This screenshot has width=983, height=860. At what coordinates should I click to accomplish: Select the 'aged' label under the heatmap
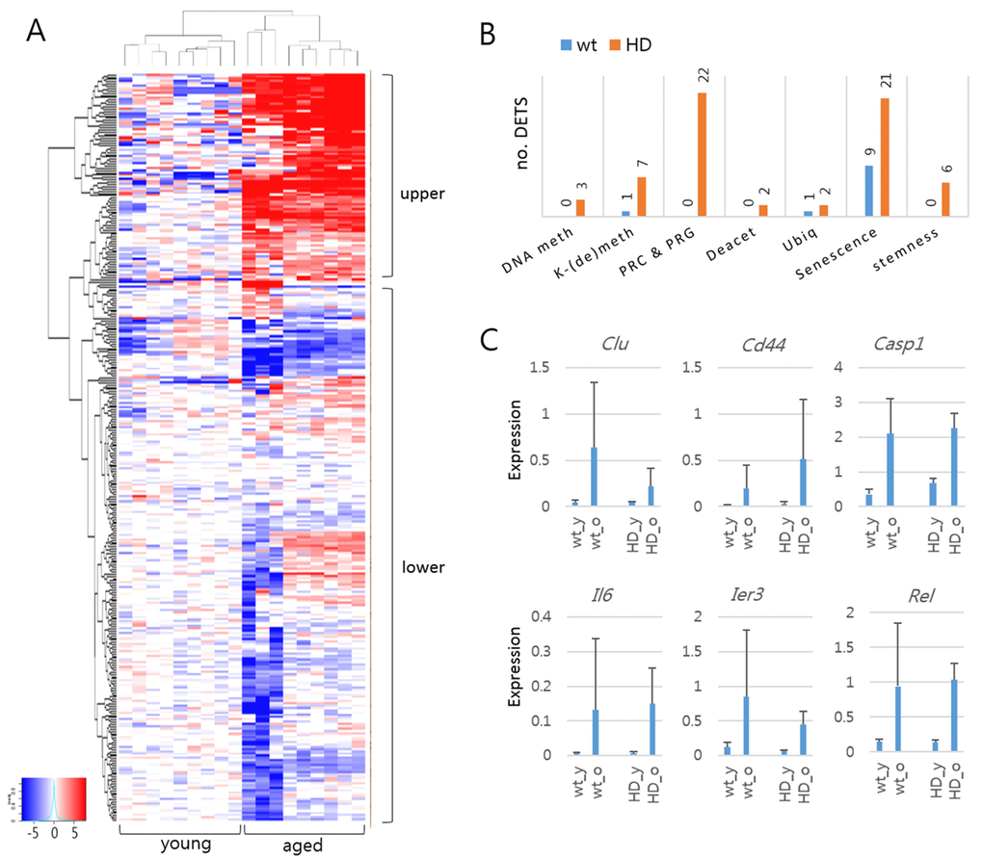[304, 846]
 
